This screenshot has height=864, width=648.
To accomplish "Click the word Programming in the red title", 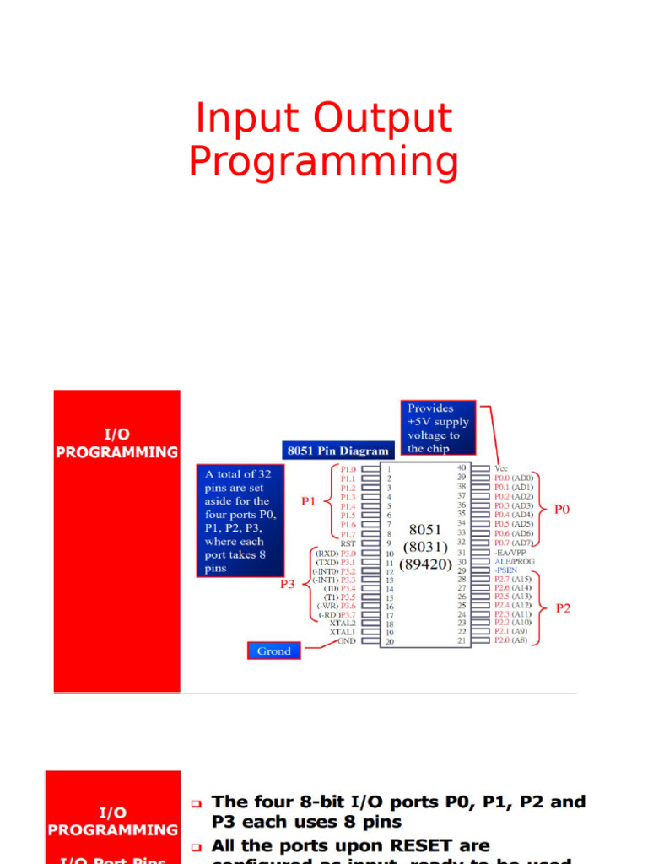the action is pos(323,162).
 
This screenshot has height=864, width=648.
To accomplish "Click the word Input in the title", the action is pos(247,118).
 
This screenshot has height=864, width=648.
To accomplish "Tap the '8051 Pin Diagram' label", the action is pos(337,451).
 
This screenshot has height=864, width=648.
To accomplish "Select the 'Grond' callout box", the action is pos(273,651).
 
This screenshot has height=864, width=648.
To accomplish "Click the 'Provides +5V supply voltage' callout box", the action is pos(439,428).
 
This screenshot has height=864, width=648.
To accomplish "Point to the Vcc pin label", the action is pos(502,467).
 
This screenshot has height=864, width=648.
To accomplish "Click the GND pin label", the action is pos(347,641).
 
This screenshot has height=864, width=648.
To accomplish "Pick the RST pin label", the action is pos(347,544).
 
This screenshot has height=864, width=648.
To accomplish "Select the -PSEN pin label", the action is pos(506,570).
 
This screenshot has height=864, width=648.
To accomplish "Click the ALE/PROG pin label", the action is pos(515,561).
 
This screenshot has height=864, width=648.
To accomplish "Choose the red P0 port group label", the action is pos(562,510).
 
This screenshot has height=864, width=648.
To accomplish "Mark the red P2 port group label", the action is pos(563,607).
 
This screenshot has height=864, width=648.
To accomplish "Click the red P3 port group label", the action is pos(288,582).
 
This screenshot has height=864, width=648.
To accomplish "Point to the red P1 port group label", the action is pos(309,501).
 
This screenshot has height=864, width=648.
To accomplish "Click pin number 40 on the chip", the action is pos(462,467).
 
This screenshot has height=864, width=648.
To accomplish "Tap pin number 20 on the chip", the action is pos(390,642).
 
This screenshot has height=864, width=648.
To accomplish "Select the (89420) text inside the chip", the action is pos(426,563).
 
